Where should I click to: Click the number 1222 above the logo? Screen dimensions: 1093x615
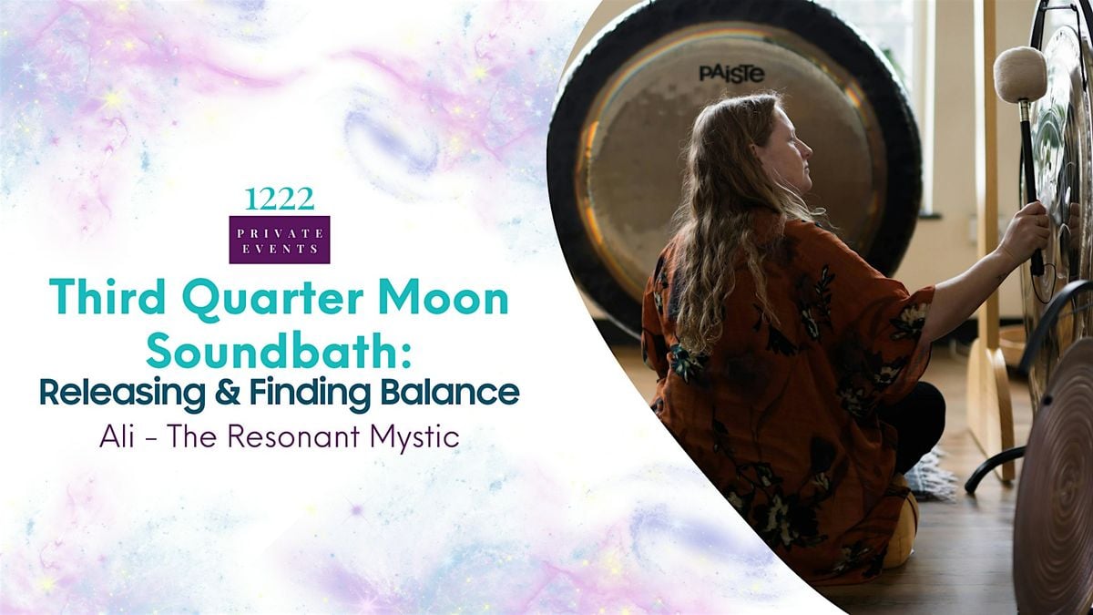click(280, 200)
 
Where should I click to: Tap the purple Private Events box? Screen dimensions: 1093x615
click(280, 240)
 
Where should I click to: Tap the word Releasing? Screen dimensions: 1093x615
click(122, 394)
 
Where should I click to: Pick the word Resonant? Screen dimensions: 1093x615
click(296, 436)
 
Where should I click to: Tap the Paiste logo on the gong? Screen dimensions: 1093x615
click(731, 74)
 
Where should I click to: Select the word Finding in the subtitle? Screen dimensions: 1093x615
click(311, 394)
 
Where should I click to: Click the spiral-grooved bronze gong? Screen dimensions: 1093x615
click(1056, 483)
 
